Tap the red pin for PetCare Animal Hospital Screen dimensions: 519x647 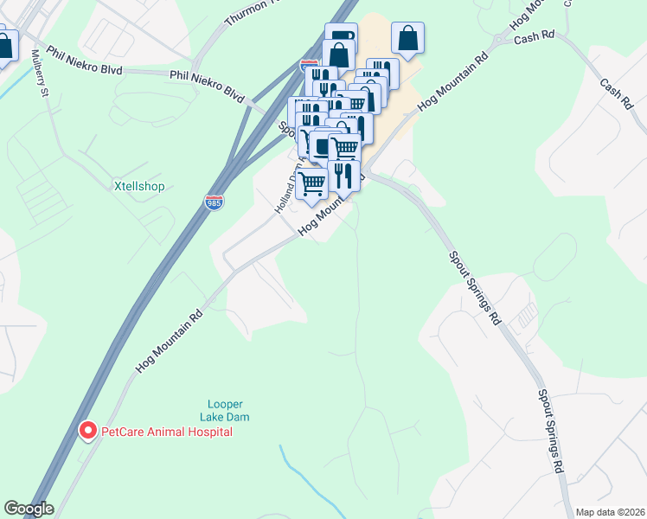[x=87, y=430]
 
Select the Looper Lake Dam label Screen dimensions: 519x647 [x=225, y=410]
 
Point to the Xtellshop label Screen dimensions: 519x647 [x=138, y=186]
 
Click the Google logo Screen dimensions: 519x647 [x=29, y=509]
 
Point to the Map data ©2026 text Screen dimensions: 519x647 [x=610, y=511]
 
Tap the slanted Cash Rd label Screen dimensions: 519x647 [x=615, y=91]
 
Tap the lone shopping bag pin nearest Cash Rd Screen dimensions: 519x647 [x=407, y=38]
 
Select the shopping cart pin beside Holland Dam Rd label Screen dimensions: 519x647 [x=311, y=183]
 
